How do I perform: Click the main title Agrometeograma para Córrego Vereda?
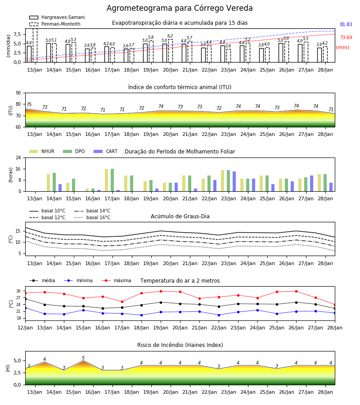point(180,8)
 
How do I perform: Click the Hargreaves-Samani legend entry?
point(57,17)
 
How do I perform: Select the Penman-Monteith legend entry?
point(55,24)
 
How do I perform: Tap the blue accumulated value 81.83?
point(346,25)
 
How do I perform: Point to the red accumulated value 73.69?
point(346,37)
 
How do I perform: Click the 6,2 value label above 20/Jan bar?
point(170,36)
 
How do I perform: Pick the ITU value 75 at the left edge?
point(29,104)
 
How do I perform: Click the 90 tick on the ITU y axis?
point(18,93)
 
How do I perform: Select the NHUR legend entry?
point(42,151)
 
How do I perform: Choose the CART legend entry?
point(106,151)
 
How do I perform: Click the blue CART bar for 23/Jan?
point(234,181)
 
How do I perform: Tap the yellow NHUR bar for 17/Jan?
point(106,180)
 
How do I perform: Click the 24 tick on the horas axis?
point(18,157)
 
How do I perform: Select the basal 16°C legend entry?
point(92,217)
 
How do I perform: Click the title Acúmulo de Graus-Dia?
point(180,216)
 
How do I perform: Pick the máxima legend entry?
point(116,280)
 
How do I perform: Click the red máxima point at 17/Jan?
point(122,301)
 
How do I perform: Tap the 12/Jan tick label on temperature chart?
point(25,328)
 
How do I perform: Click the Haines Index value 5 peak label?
point(83,358)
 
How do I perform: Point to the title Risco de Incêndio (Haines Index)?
point(180,345)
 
